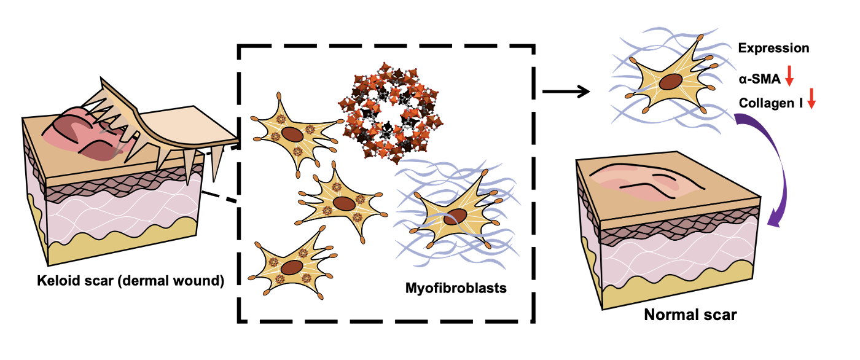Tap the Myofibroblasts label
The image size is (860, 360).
[456, 287]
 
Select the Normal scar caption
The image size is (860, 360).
[690, 315]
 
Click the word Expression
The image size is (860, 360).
[773, 48]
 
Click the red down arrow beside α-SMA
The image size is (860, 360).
[790, 77]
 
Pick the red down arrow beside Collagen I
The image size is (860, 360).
[811, 98]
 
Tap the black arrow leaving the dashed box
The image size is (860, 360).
[565, 93]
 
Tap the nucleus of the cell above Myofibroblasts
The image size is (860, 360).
[457, 216]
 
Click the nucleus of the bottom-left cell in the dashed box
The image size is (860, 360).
[292, 267]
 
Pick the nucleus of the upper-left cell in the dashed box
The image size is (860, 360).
[293, 136]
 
